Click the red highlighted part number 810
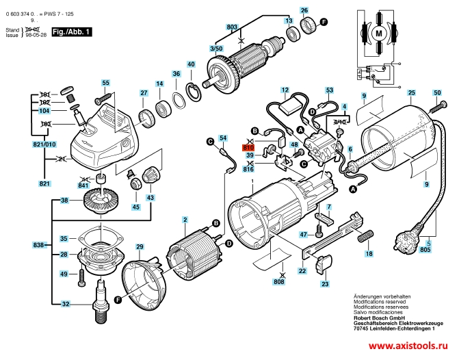click(x=248, y=147)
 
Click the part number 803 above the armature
click(x=232, y=27)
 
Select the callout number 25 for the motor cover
click(x=411, y=93)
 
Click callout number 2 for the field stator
click(x=185, y=220)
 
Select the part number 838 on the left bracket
click(x=38, y=244)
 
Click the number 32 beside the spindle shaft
click(x=65, y=304)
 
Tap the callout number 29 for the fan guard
click(x=139, y=246)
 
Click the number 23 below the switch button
click(x=325, y=283)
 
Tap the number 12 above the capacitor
click(x=285, y=90)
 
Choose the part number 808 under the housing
click(x=279, y=281)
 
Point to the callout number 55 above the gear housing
click(x=105, y=83)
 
